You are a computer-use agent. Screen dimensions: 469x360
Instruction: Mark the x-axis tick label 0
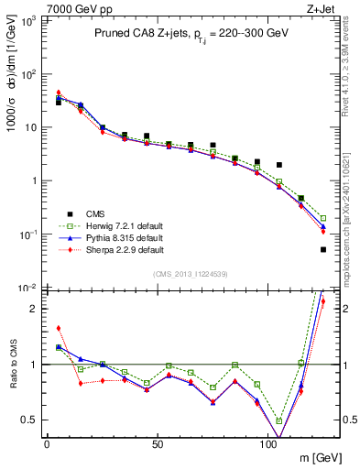(x=47, y=444)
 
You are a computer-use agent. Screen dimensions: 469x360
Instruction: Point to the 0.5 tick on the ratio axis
(x=31, y=420)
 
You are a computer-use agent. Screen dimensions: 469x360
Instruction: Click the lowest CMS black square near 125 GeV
(x=323, y=249)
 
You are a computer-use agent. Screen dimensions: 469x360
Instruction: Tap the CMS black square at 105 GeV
(x=279, y=165)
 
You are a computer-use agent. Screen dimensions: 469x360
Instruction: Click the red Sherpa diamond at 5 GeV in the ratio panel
(x=59, y=328)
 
